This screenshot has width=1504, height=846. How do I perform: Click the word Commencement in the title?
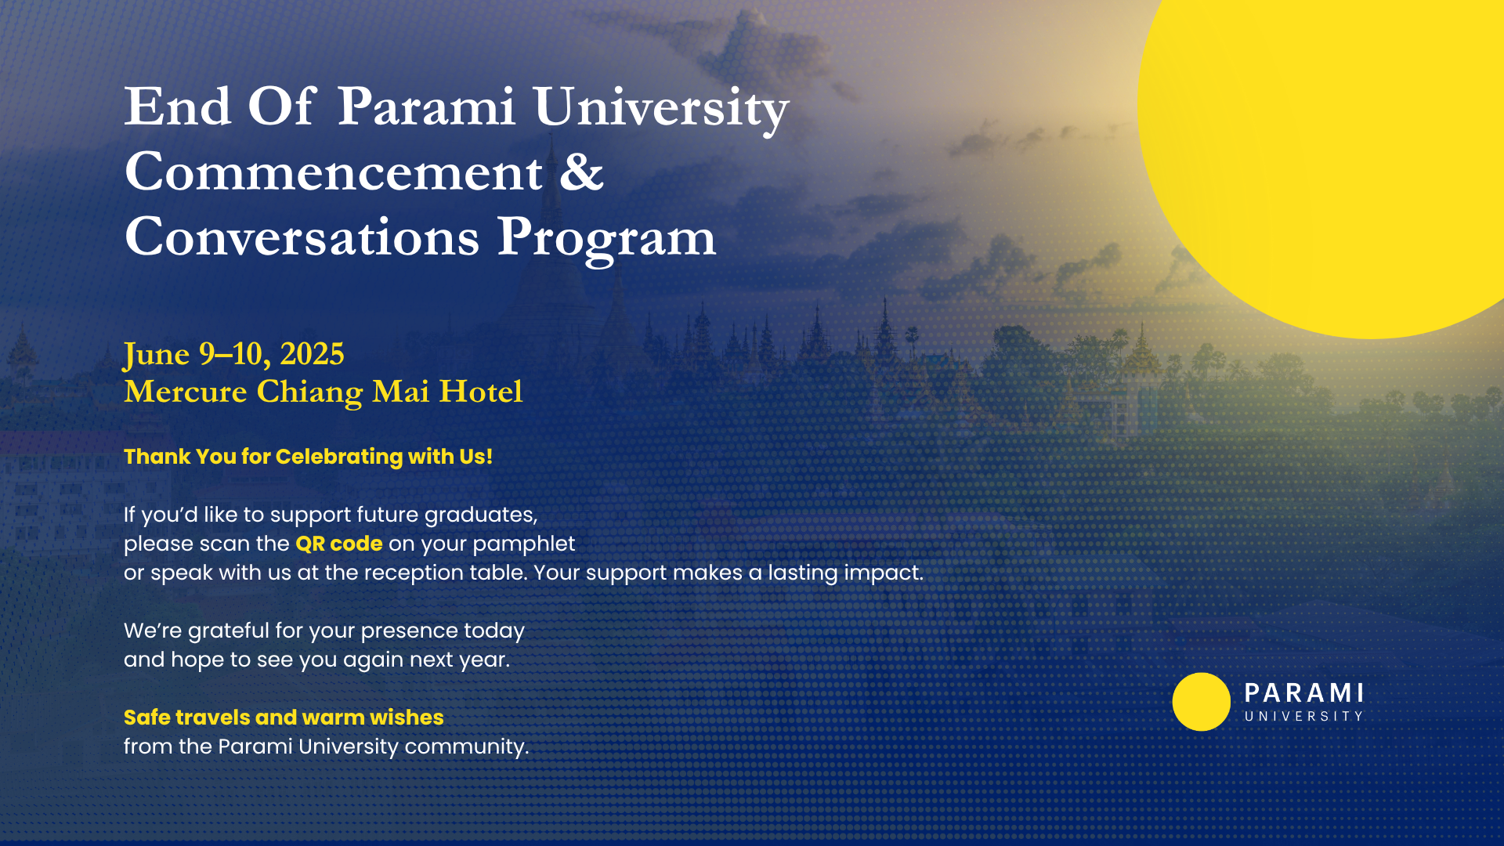pos(334,172)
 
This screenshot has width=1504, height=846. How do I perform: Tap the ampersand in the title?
pos(581,172)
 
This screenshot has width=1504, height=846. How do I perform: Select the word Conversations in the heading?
pos(302,237)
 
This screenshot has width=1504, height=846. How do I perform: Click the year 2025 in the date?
pos(312,354)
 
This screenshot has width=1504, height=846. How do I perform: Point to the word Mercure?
pos(186,391)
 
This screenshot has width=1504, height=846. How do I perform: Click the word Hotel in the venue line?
pos(480,391)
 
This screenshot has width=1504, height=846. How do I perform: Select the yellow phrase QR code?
pos(339,544)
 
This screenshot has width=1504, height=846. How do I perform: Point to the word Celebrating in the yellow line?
pos(339,457)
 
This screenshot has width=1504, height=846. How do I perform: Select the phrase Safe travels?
pos(187,718)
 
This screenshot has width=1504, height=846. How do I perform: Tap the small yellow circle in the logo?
pos(1202,702)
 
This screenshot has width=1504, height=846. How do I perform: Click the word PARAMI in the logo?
pos(1304,693)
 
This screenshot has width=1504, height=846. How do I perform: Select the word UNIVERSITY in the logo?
pos(1304,717)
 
